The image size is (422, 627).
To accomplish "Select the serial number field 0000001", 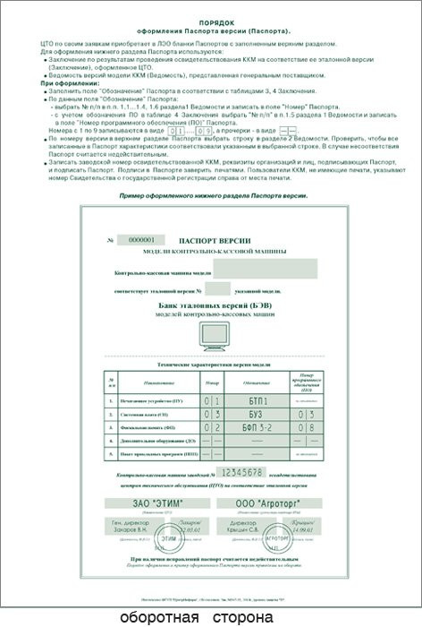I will pos(142,240).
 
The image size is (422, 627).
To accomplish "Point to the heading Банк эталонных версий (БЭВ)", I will pos(211,306).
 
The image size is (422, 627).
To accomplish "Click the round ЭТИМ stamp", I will pos(169,541).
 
